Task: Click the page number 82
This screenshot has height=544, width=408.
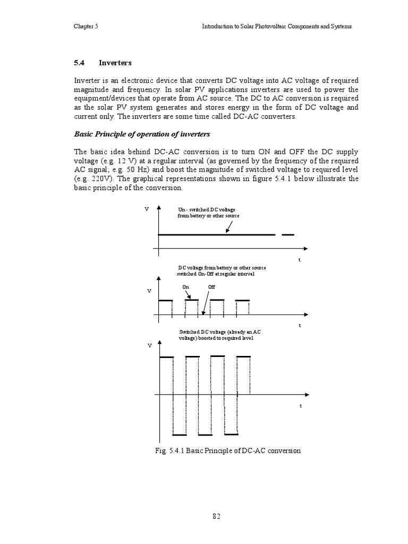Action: click(x=216, y=516)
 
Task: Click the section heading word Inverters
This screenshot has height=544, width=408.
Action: click(x=115, y=63)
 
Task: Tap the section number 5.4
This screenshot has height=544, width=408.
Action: click(x=80, y=63)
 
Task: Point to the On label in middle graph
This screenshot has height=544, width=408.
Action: click(x=185, y=287)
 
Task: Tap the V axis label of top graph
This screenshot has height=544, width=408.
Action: click(x=147, y=210)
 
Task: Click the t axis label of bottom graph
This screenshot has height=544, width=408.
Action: click(x=300, y=406)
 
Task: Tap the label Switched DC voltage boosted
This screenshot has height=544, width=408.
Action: click(x=219, y=335)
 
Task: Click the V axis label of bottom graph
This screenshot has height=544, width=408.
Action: click(x=150, y=345)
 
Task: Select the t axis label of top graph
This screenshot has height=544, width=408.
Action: click(x=299, y=260)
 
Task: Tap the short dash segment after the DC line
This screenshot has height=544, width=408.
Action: click(x=287, y=234)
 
